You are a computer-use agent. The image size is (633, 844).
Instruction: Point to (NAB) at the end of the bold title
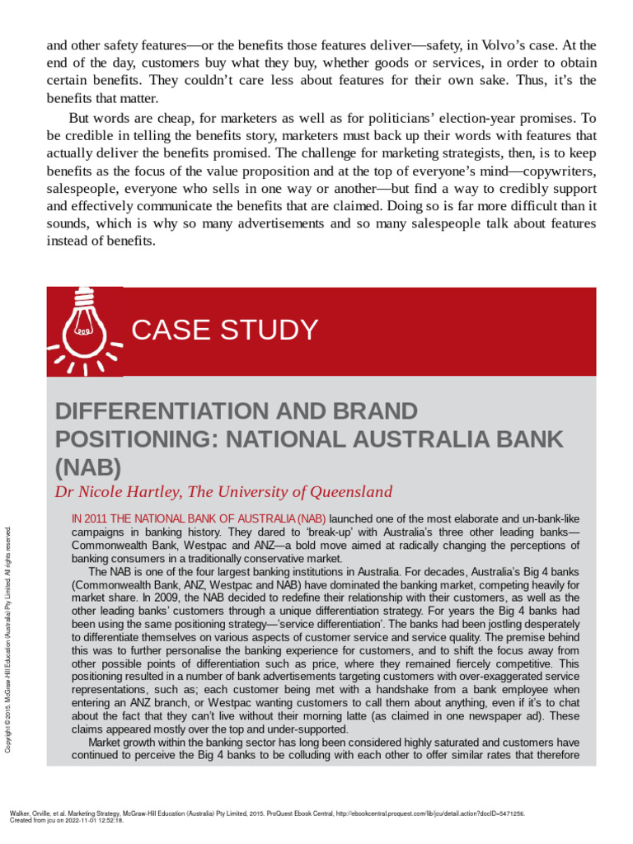(88, 468)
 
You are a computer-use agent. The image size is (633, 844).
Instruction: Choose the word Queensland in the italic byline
(351, 492)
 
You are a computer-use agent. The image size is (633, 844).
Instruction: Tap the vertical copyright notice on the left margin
(9, 640)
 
